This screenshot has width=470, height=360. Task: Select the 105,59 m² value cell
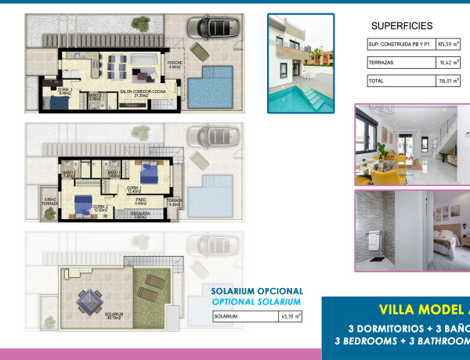(447, 45)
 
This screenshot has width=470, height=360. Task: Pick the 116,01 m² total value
(447, 81)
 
